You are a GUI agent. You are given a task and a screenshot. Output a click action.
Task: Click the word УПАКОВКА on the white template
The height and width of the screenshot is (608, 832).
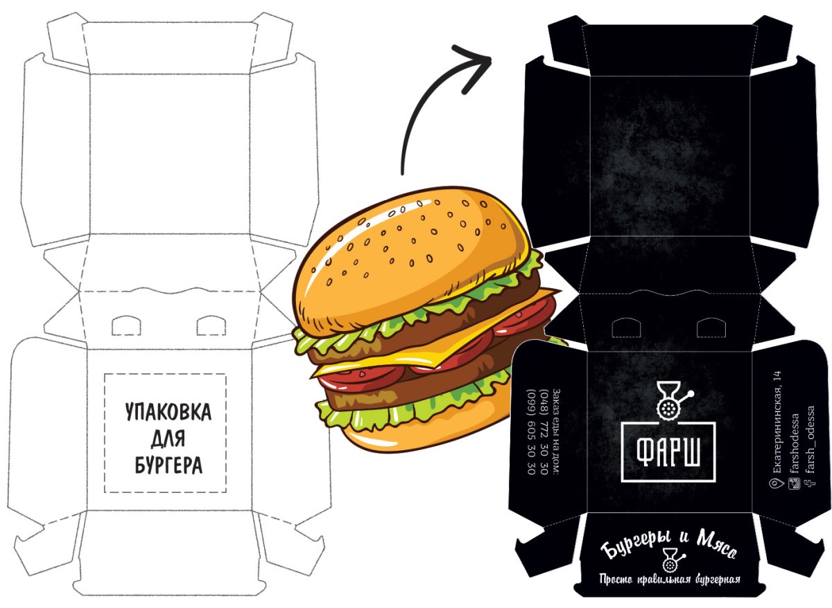[168, 412]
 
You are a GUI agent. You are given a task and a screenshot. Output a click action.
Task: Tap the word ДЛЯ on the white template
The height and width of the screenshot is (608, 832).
[168, 438]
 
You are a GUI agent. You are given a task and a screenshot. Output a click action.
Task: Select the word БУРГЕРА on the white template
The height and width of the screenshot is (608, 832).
[168, 465]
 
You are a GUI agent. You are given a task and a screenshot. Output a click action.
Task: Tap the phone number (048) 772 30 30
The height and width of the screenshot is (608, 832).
[544, 431]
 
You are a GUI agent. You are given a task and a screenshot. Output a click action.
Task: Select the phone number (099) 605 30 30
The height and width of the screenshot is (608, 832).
[532, 431]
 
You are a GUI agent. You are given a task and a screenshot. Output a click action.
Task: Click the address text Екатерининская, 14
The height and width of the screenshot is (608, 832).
[777, 422]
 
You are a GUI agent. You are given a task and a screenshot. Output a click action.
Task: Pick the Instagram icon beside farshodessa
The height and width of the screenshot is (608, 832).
[794, 484]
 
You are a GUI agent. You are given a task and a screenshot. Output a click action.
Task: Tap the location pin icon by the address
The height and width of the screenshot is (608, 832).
[776, 484]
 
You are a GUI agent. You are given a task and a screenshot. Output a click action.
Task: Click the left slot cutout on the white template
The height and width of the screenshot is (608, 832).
[126, 325]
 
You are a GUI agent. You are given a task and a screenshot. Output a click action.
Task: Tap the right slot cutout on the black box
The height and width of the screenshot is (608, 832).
[711, 328]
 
